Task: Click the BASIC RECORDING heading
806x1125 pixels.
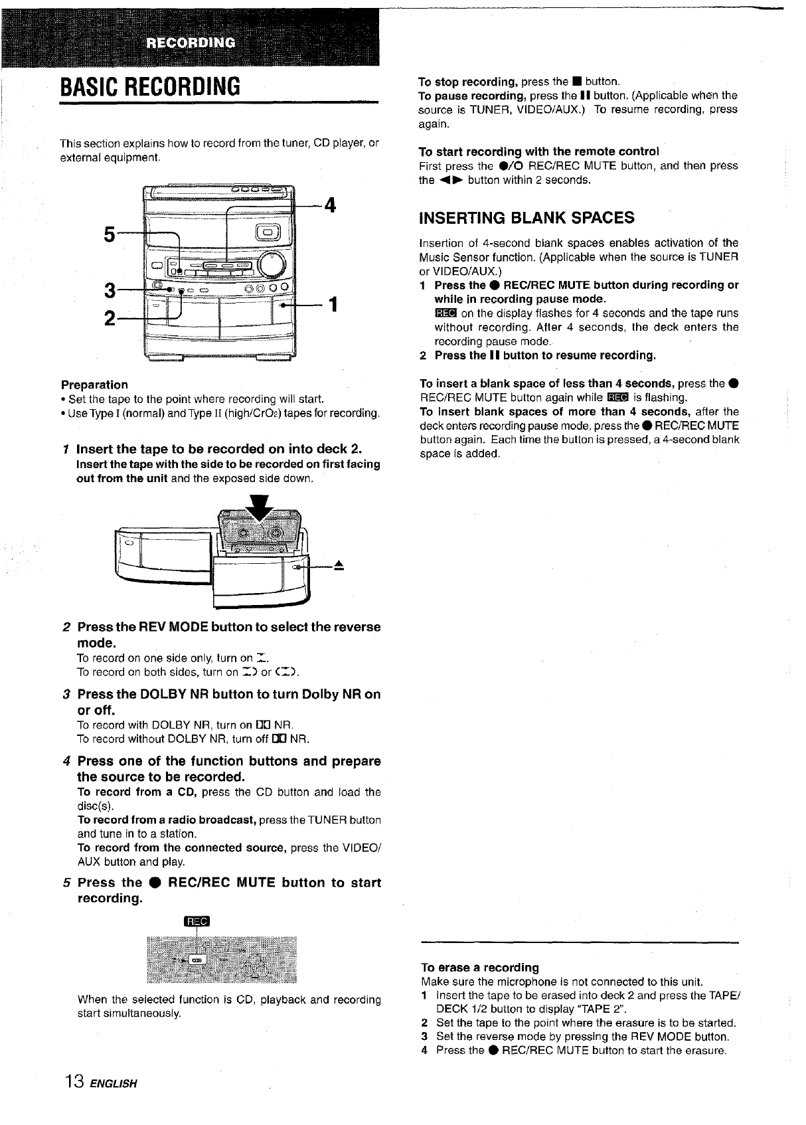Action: pyautogui.click(x=151, y=86)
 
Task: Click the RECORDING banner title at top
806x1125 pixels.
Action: pyautogui.click(x=191, y=44)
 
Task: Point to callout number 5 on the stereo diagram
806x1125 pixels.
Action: pyautogui.click(x=110, y=235)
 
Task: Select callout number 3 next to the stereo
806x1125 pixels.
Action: pyautogui.click(x=110, y=290)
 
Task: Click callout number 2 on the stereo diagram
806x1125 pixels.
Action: pyautogui.click(x=110, y=318)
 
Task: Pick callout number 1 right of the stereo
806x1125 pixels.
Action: pyautogui.click(x=334, y=305)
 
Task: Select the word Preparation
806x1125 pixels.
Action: pyautogui.click(x=94, y=385)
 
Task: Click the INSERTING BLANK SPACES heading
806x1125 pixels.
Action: pyautogui.click(x=526, y=218)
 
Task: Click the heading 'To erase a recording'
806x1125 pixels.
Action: pyautogui.click(x=480, y=967)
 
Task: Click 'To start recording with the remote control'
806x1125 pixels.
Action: pyautogui.click(x=539, y=151)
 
